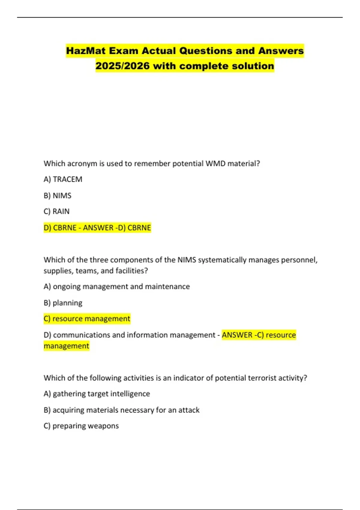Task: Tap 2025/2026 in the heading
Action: pyautogui.click(x=122, y=66)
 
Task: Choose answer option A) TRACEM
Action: pyautogui.click(x=63, y=179)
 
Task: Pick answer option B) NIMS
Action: pyautogui.click(x=58, y=196)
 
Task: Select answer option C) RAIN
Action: pyautogui.click(x=57, y=211)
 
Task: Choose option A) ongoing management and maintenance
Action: pyautogui.click(x=117, y=287)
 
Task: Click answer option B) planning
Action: pyautogui.click(x=63, y=303)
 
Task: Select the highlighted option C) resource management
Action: pyautogui.click(x=87, y=319)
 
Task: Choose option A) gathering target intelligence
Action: pyautogui.click(x=97, y=394)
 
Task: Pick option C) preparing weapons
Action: pyautogui.click(x=81, y=426)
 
